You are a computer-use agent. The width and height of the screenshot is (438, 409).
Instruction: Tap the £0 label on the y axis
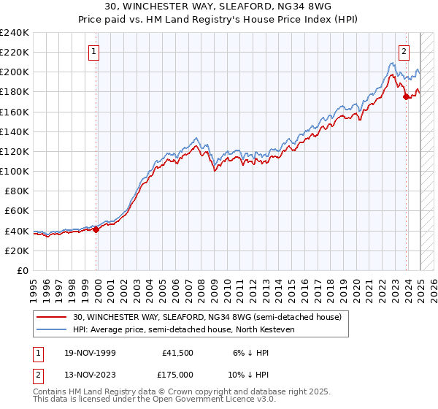(23, 270)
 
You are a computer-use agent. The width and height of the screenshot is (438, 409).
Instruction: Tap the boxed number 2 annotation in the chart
(404, 51)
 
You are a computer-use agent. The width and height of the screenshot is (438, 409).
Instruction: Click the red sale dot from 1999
(96, 229)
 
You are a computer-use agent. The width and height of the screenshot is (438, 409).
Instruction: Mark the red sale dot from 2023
(406, 97)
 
